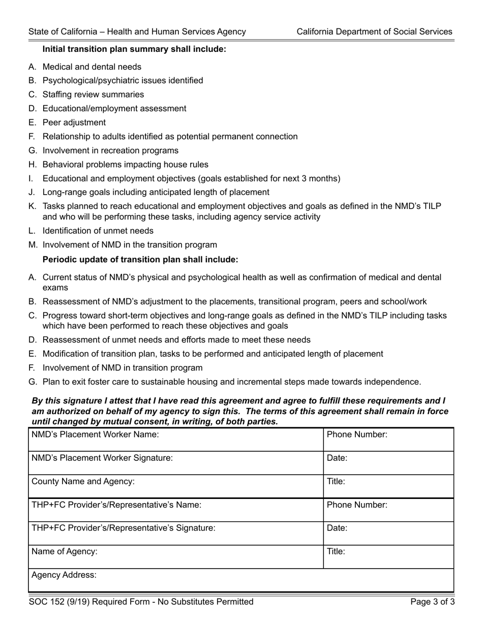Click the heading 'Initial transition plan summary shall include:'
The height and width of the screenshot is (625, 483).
coord(134,49)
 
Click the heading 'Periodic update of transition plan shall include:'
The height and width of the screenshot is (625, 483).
coord(140,259)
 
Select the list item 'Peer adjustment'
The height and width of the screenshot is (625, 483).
coord(74,122)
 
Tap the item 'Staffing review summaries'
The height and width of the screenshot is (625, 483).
coord(93,95)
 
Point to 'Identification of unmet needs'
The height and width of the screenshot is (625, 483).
coord(98,231)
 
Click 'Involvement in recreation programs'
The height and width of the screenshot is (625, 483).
coord(110,150)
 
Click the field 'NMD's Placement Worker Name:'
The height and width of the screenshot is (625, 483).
coord(175,440)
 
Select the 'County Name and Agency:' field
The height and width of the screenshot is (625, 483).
coord(175,487)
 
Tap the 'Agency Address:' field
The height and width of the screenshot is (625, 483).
coord(241,580)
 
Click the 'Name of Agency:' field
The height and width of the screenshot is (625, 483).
coord(175,557)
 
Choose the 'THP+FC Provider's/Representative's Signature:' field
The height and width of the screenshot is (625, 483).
coord(175,534)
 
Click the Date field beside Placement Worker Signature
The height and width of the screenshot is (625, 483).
coord(388,463)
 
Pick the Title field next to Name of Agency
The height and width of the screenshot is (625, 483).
coord(388,557)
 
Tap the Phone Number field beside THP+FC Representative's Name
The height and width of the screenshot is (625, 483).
coord(388,510)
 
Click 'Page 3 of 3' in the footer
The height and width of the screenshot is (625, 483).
coord(433,602)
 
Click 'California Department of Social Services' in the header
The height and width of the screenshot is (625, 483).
coord(374,32)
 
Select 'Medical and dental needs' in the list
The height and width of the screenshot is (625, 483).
coord(92,67)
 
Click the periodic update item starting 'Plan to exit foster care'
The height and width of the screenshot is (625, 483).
coord(231,382)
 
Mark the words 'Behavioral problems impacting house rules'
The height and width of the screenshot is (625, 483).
coord(125,165)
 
